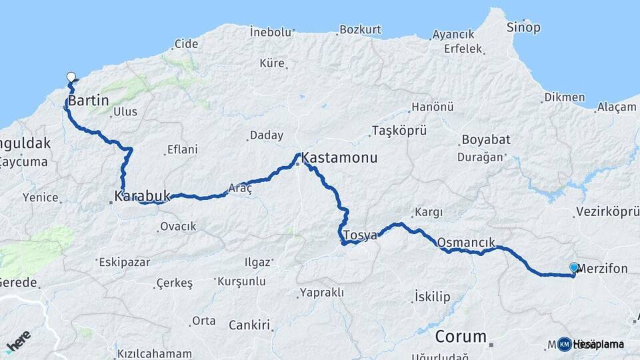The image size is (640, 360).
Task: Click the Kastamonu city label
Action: click(339, 159)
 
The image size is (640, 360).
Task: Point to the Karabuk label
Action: click(142, 197)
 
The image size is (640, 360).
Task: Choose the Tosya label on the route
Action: click(360, 235)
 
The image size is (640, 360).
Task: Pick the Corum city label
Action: click(461, 337)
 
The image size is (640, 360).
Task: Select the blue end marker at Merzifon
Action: click(574, 268)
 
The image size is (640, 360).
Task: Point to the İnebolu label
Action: click(271, 31)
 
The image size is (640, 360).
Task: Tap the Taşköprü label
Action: click(399, 130)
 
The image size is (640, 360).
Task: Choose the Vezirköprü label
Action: click(607, 213)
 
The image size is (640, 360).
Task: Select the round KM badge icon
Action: click(565, 344)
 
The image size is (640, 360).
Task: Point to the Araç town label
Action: click(240, 189)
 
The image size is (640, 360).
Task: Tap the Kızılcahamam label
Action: click(154, 353)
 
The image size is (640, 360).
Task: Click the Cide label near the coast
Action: click(186, 45)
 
